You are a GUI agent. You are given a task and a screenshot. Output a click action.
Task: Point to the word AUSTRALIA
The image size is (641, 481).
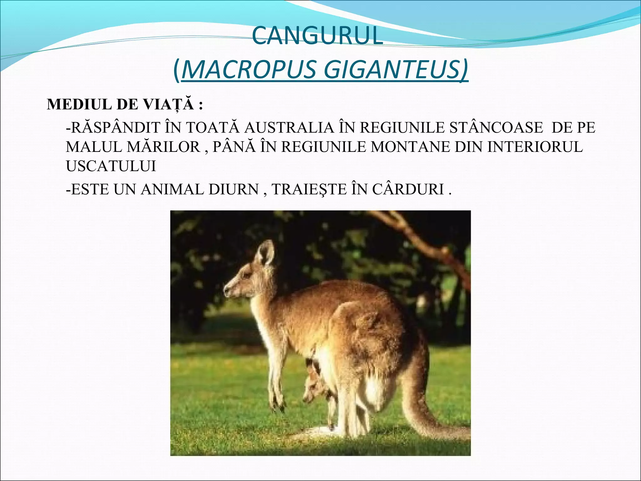click(x=289, y=128)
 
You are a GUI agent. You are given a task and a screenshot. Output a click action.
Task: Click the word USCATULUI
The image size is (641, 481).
click(x=111, y=166)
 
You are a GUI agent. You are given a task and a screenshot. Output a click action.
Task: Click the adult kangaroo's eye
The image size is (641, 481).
click(x=247, y=275)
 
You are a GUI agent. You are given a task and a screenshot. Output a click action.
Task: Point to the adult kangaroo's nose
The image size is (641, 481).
click(x=226, y=291)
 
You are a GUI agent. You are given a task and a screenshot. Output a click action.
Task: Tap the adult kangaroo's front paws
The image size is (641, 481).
click(x=279, y=404)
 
